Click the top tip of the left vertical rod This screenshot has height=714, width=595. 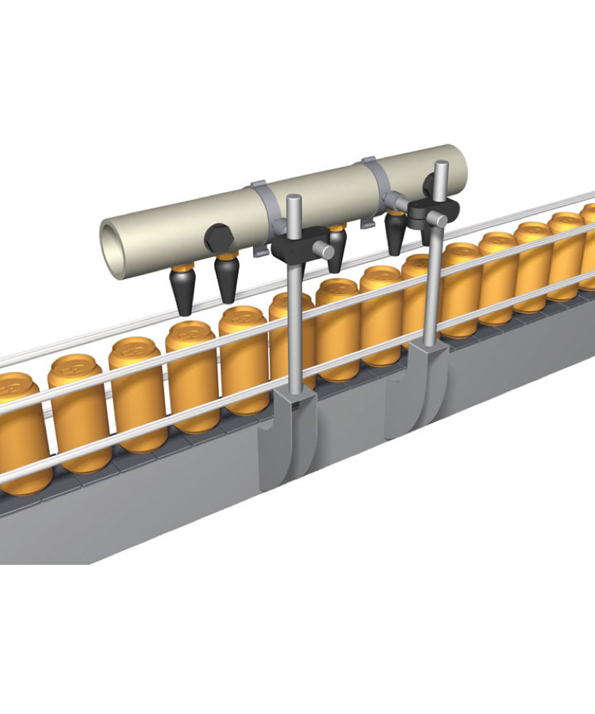click(292, 199)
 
